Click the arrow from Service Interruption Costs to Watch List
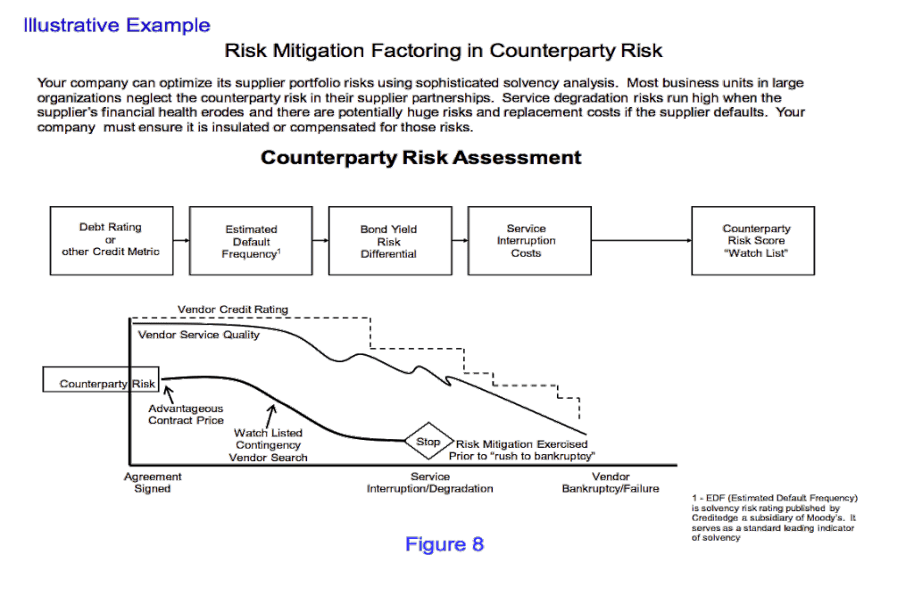(x=641, y=240)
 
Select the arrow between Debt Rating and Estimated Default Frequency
(x=181, y=240)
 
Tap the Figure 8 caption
(x=445, y=544)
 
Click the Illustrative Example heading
(x=117, y=25)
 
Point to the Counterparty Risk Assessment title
(x=421, y=157)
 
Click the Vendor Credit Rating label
(x=233, y=310)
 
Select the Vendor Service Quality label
(x=199, y=335)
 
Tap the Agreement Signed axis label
(x=153, y=483)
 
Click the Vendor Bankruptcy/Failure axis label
(x=611, y=483)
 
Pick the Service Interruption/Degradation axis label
(x=429, y=483)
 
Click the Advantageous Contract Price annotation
(x=186, y=414)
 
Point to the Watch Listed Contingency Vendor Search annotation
(x=268, y=445)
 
